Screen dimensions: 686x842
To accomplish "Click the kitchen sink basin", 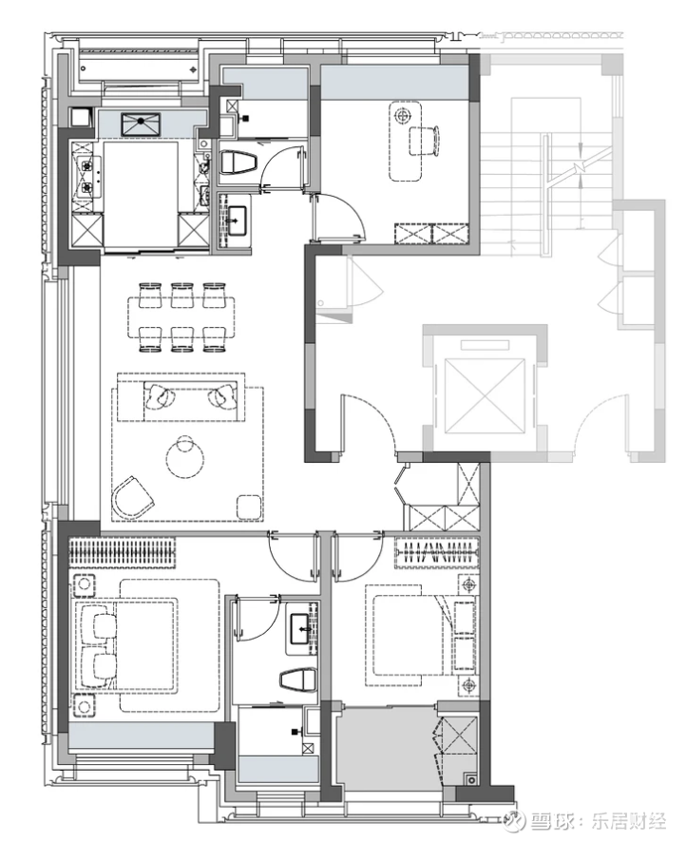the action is coord(141,124).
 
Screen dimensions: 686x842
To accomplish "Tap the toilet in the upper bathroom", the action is coord(238,163).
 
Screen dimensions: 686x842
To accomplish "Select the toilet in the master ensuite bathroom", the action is coord(298,679).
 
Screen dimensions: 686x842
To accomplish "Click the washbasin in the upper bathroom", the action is coord(235,220).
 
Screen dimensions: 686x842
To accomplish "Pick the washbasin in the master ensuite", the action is coord(301,629).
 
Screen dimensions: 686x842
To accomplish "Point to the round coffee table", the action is coord(184,457).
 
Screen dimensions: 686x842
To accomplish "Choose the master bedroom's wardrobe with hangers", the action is coord(123,552).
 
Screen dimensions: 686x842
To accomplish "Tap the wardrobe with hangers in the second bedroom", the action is coord(437,552).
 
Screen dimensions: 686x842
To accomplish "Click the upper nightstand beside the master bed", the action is coord(84,585).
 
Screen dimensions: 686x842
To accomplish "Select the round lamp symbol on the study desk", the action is coord(402,115).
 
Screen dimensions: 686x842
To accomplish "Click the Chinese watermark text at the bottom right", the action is coord(599,821).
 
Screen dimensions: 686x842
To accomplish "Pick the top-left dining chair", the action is coord(150,295).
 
